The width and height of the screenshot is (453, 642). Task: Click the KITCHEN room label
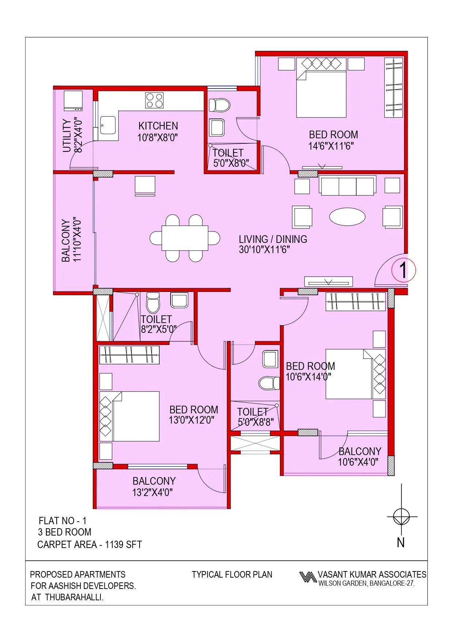click(x=158, y=126)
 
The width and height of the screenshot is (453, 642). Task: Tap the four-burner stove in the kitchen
click(x=154, y=100)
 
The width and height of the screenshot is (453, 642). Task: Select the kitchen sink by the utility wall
click(x=108, y=125)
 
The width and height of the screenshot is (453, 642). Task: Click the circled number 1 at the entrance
click(x=403, y=270)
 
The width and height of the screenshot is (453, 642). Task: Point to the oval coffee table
click(x=347, y=217)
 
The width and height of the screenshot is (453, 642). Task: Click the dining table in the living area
click(x=185, y=238)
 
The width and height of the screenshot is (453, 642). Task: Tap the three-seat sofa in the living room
click(x=347, y=186)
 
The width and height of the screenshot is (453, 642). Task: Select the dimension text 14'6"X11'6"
click(x=331, y=146)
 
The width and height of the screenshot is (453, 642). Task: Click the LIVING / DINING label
click(x=273, y=239)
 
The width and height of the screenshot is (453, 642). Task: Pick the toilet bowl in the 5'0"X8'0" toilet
click(x=220, y=105)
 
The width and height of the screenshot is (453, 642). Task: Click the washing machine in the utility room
click(x=73, y=101)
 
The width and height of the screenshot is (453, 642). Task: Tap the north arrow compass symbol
click(x=401, y=517)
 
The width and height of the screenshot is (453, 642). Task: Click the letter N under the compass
click(x=401, y=542)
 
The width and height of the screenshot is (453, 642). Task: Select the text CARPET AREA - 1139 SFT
click(x=90, y=545)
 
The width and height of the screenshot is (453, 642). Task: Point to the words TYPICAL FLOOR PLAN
click(x=232, y=574)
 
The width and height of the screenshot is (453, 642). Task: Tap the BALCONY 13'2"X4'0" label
click(x=154, y=486)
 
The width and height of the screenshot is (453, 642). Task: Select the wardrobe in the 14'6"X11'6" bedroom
click(x=394, y=87)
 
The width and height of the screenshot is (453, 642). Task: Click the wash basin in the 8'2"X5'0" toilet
click(x=179, y=300)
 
